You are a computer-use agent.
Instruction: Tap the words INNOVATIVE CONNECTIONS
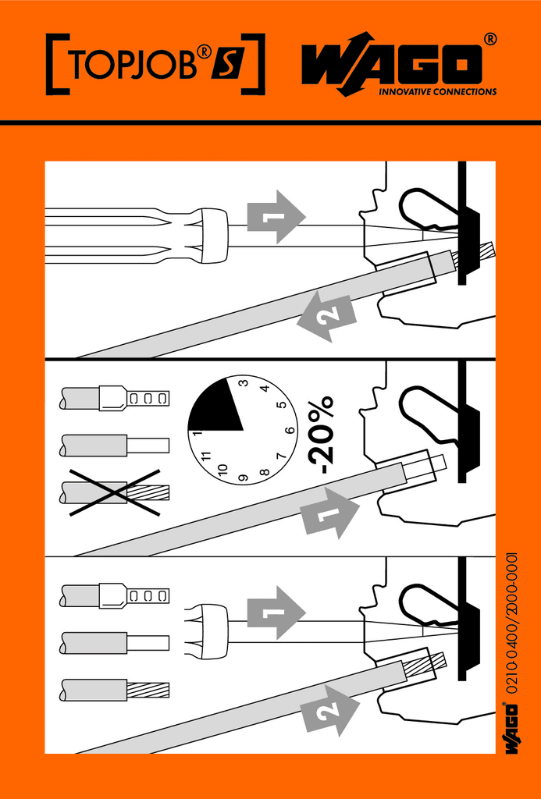pyautogui.click(x=437, y=92)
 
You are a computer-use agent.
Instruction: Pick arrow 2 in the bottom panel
pyautogui.click(x=329, y=710)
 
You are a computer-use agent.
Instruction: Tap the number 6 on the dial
pyautogui.click(x=290, y=431)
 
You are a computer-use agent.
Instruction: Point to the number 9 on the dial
pyautogui.click(x=244, y=478)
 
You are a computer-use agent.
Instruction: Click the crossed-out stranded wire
pyautogui.click(x=115, y=492)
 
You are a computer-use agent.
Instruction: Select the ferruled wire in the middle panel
pyautogui.click(x=115, y=399)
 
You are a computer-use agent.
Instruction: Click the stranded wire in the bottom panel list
pyautogui.click(x=115, y=690)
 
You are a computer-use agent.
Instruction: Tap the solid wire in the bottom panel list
pyautogui.click(x=115, y=643)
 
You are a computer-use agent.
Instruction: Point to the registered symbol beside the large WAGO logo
pyautogui.click(x=489, y=39)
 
